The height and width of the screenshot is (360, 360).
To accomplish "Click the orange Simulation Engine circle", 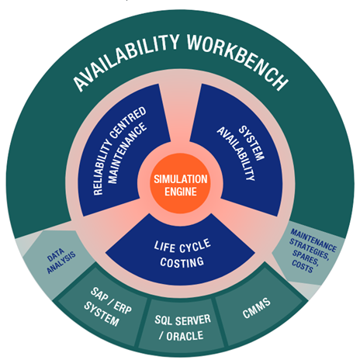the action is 180,183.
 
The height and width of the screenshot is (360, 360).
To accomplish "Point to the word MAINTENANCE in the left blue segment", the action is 127,153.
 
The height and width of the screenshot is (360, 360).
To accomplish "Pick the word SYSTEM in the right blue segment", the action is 251,143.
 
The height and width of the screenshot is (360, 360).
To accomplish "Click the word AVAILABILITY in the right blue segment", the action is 236,154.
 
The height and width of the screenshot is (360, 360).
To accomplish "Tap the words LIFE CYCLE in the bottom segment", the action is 182,246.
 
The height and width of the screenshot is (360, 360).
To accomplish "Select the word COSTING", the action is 182,262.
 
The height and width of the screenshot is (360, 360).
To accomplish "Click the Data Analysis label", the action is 61,261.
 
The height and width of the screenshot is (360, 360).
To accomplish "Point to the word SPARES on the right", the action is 306,257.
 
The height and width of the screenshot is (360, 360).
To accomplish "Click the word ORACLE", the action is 185,336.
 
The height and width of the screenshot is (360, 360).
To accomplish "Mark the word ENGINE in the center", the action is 181,192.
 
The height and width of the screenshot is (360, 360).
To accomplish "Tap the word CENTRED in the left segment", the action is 128,122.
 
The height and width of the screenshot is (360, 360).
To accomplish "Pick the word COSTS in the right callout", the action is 303,266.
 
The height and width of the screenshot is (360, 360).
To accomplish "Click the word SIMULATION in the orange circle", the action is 181,179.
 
